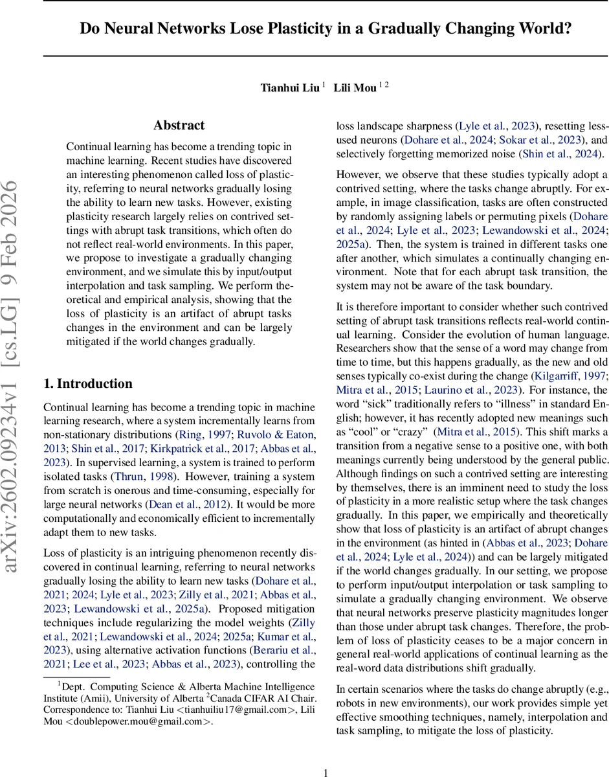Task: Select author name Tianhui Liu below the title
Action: (290, 87)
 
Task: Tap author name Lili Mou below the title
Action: (355, 87)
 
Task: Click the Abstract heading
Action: (179, 125)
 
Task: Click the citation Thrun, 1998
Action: (153, 477)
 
